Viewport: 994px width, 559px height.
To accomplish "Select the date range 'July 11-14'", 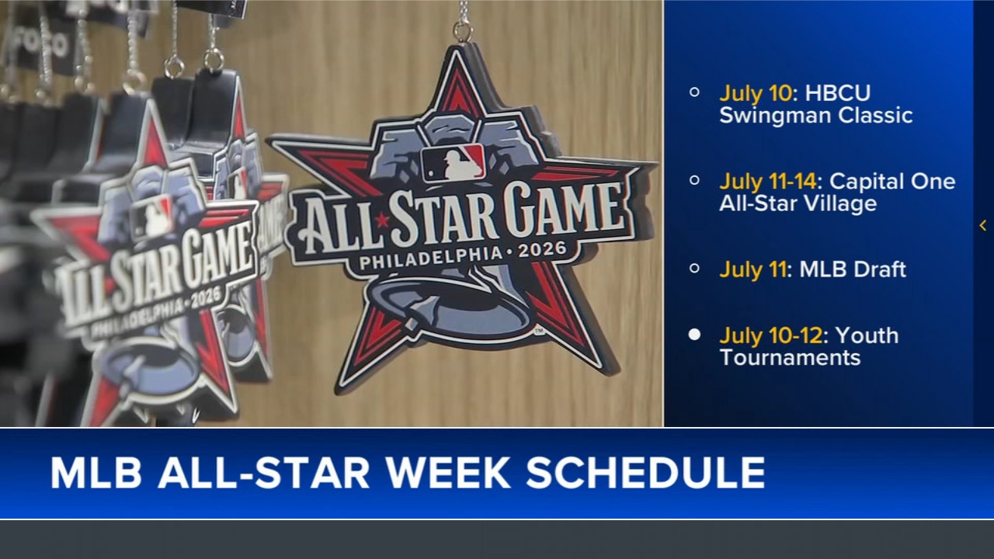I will click(767, 182).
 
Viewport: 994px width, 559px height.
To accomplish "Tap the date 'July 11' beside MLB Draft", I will click(752, 269).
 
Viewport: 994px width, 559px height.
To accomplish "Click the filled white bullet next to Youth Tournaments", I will click(694, 335).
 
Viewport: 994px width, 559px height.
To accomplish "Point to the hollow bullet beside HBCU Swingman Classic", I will click(694, 92).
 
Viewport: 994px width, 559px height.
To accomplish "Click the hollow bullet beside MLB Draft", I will click(694, 268).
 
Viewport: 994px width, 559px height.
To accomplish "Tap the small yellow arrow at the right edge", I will click(983, 225).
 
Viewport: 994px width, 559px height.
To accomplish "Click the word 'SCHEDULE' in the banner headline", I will click(645, 473).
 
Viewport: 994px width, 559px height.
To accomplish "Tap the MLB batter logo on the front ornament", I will click(454, 162).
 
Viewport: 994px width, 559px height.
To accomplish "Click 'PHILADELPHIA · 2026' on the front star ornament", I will click(463, 257).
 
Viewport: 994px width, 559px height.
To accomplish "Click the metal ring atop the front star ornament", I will click(463, 31).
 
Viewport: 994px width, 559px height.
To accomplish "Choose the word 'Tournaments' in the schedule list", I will click(790, 357).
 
